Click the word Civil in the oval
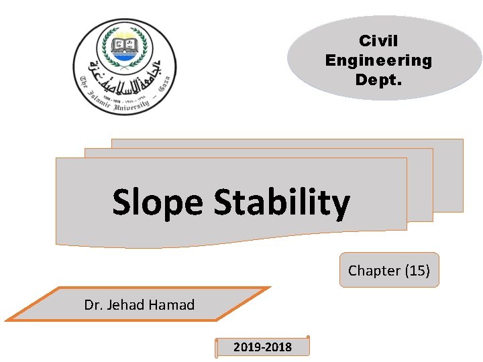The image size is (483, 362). click(x=378, y=42)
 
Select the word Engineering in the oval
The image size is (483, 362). click(x=378, y=60)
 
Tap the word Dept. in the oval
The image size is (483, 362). click(x=378, y=79)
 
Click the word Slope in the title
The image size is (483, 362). click(x=157, y=202)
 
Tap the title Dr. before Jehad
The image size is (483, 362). click(x=94, y=305)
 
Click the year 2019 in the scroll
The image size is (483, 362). click(x=247, y=347)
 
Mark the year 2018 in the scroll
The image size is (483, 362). click(x=278, y=347)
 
